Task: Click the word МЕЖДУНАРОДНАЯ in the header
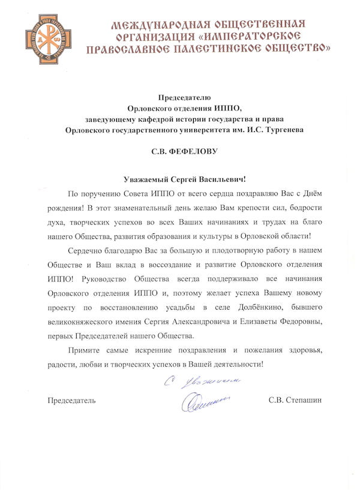coord(154,25)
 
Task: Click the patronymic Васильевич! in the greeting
coord(220,179)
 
